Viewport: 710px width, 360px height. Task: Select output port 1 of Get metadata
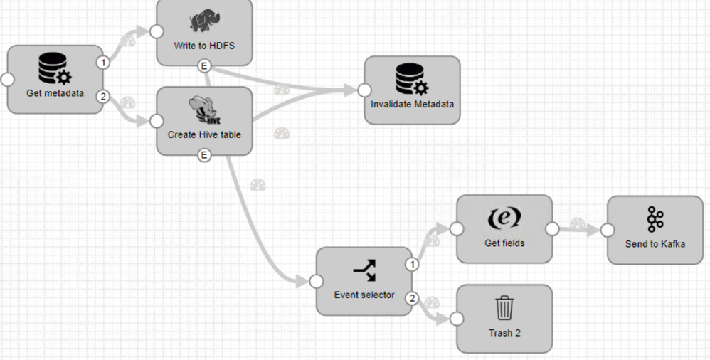(x=103, y=63)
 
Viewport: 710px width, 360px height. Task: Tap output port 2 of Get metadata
(x=103, y=96)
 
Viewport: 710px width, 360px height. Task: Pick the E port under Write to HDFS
(x=205, y=66)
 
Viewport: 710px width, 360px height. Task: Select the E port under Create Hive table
(x=205, y=155)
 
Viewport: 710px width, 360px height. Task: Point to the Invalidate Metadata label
(x=412, y=104)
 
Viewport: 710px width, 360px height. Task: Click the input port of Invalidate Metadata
(x=365, y=90)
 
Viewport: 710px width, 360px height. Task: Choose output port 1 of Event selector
(x=411, y=265)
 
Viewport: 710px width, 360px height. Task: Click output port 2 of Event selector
(x=411, y=297)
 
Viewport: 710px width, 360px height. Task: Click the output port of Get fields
(x=551, y=229)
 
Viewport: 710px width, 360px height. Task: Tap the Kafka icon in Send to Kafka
(x=655, y=221)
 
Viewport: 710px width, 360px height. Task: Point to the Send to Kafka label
(x=655, y=244)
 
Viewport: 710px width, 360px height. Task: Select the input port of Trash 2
(x=457, y=319)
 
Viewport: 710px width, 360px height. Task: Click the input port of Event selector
(x=317, y=282)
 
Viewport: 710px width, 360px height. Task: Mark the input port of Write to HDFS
(x=157, y=32)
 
